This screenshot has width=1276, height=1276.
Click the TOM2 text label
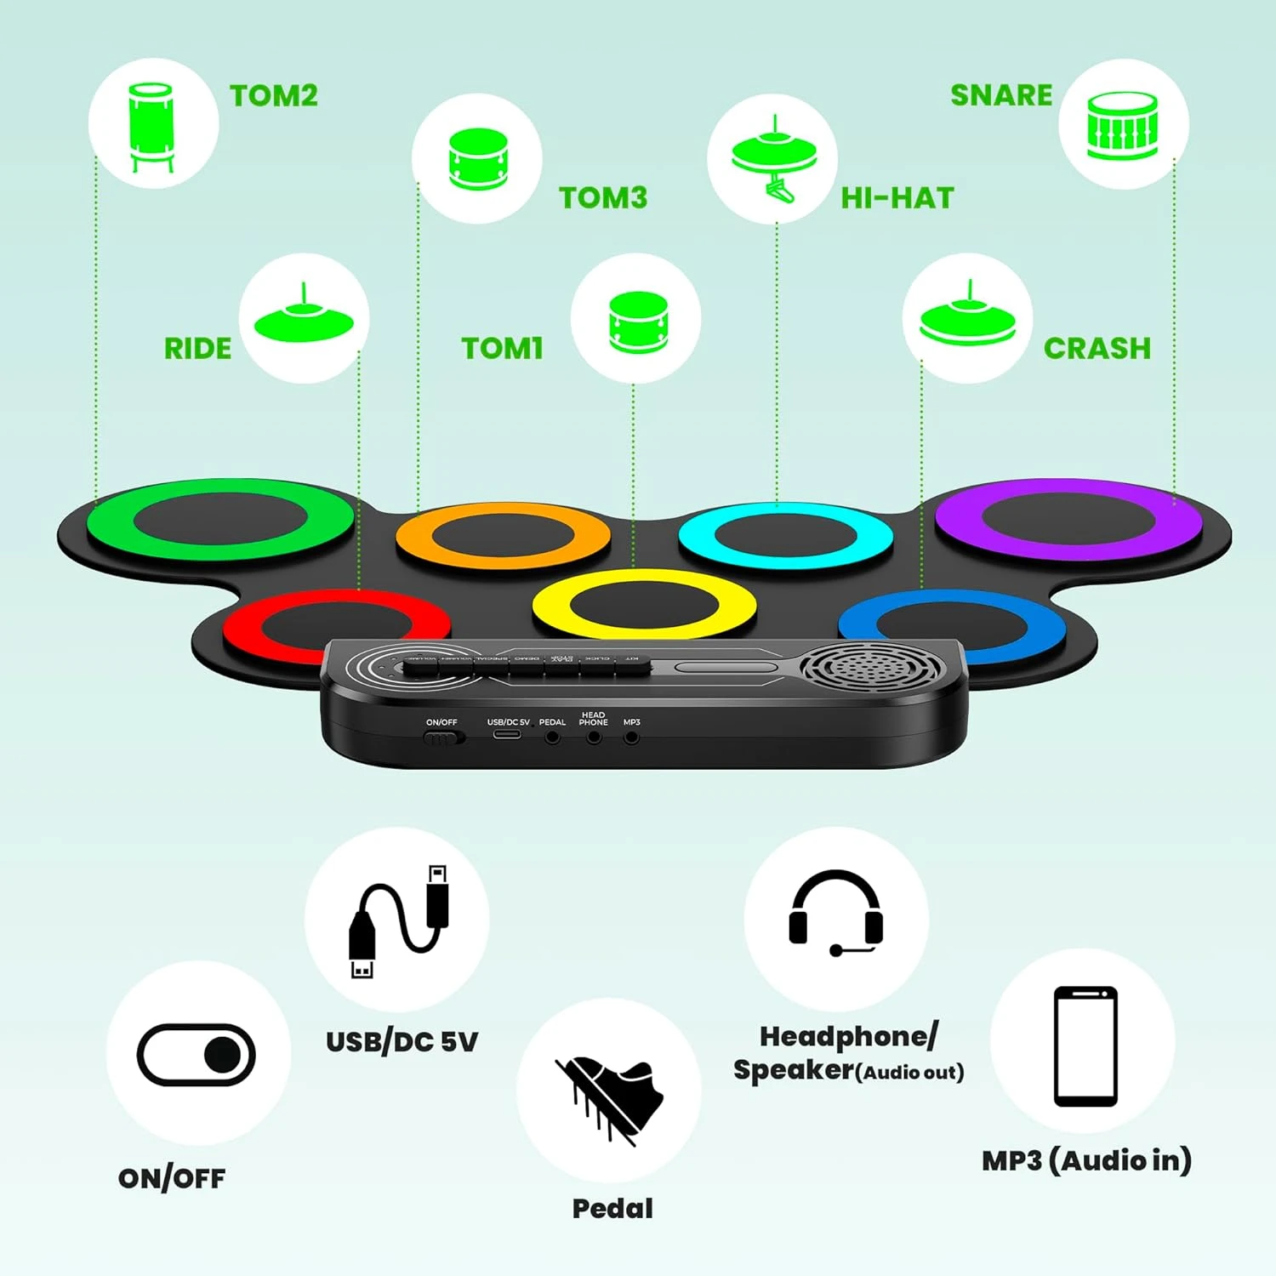(x=274, y=95)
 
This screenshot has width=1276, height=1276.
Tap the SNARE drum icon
(x=1122, y=125)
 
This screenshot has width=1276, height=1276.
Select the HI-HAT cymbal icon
(x=773, y=160)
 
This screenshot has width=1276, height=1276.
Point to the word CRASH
(x=1097, y=348)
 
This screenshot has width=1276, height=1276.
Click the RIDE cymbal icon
(x=304, y=318)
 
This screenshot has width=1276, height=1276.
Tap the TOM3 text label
(x=603, y=197)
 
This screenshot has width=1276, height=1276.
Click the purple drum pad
(x=1068, y=519)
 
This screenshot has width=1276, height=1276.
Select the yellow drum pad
(x=644, y=605)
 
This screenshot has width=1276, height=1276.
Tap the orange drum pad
(x=503, y=537)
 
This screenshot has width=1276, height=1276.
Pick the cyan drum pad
(x=785, y=536)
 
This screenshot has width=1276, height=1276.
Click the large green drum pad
(x=220, y=519)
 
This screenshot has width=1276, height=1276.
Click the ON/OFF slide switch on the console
(x=442, y=738)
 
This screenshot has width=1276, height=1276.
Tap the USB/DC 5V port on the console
(x=507, y=733)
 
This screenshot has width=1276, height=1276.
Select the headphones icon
(x=835, y=913)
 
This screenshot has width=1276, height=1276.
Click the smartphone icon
(x=1085, y=1045)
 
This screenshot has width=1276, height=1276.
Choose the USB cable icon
(x=398, y=921)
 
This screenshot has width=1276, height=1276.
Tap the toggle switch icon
(x=197, y=1055)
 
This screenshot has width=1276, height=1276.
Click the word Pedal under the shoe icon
(x=612, y=1208)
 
